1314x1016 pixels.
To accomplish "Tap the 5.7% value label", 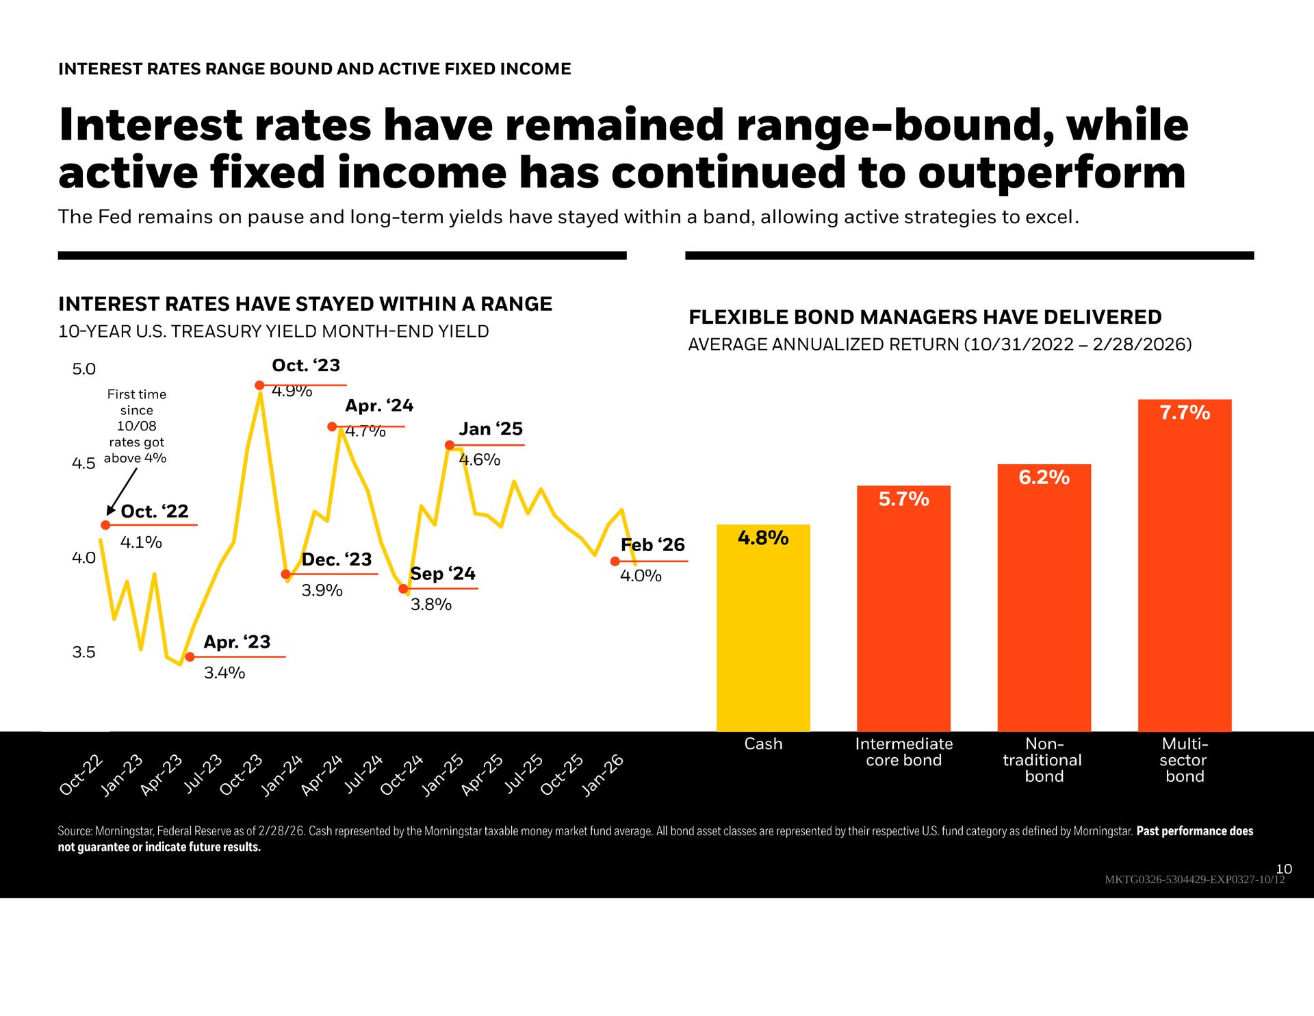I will tap(903, 499).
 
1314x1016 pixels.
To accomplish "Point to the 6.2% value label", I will tap(1044, 477).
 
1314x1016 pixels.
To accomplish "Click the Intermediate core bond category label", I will tap(903, 752).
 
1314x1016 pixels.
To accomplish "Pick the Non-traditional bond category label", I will tap(1043, 760).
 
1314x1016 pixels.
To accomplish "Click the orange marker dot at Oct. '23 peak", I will tap(259, 385).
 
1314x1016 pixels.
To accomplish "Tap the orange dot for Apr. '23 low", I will tap(190, 657).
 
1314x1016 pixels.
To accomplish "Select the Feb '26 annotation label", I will tap(652, 545).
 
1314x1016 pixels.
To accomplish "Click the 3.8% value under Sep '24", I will tap(431, 605).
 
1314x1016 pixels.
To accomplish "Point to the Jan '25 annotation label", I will tap(490, 429).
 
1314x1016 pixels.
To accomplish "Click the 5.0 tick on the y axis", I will tap(83, 370).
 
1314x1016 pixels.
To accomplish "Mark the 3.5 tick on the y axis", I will tap(83, 652).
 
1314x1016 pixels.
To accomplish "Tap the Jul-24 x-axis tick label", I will tap(363, 774).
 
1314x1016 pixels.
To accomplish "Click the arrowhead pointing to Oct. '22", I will tap(110, 511).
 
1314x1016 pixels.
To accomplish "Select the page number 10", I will tap(1284, 869).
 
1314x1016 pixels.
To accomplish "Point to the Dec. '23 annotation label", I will tap(336, 560).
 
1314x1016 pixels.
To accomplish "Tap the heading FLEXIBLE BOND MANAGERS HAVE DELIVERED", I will tap(925, 317).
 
